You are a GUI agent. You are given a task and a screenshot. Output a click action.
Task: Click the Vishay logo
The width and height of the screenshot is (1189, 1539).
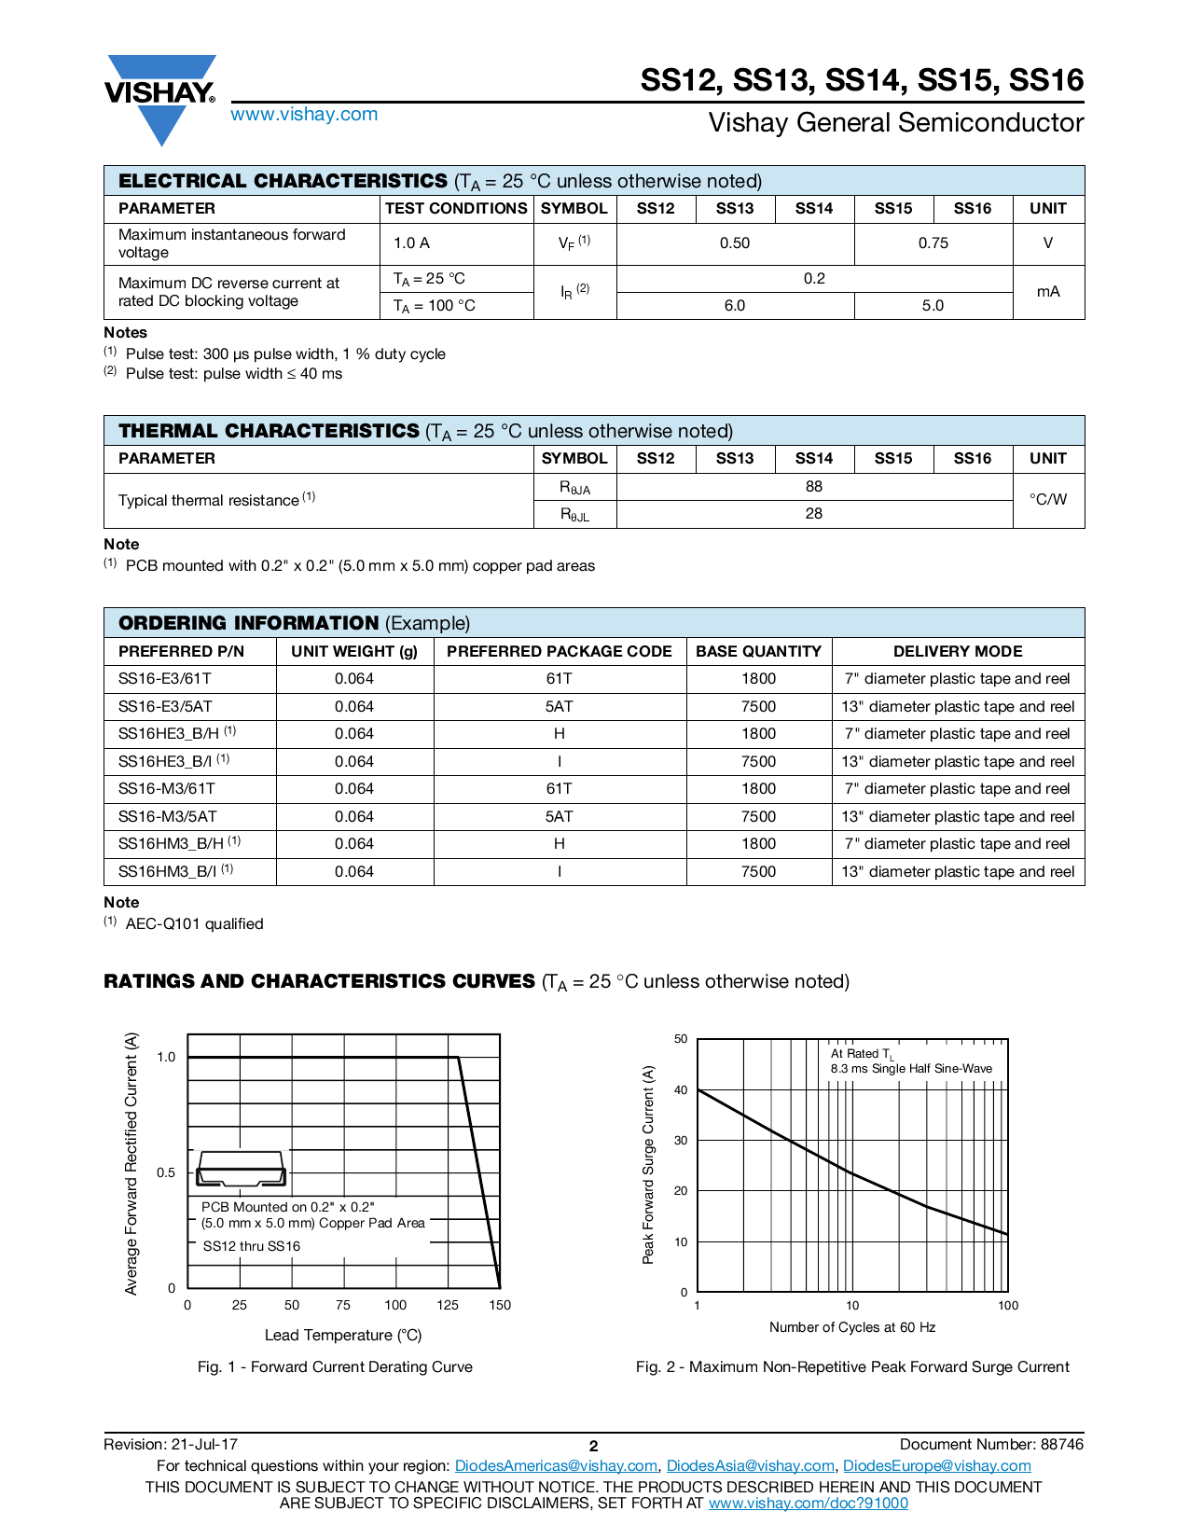tap(160, 97)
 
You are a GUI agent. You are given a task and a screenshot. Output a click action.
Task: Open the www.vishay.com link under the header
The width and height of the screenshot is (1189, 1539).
tap(304, 114)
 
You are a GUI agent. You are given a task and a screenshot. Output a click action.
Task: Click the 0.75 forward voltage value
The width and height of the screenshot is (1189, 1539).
tap(933, 243)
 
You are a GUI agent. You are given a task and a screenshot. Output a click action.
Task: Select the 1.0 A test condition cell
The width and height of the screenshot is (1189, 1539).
tap(411, 243)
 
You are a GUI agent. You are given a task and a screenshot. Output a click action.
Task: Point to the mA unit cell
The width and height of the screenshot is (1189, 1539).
tap(1048, 292)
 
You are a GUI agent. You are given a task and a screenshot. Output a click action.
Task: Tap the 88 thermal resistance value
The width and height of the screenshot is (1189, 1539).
tap(814, 487)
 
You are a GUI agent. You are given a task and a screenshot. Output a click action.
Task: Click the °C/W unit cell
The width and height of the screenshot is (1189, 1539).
tap(1048, 500)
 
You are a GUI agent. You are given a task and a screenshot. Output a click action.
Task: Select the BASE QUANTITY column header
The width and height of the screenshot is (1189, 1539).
tap(758, 652)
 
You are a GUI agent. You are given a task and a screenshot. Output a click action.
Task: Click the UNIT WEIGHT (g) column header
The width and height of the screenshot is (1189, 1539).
tap(354, 652)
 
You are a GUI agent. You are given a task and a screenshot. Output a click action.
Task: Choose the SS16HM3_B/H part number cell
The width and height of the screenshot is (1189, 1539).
tap(172, 844)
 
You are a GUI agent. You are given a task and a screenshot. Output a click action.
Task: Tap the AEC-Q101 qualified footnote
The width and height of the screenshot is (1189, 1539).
tap(194, 924)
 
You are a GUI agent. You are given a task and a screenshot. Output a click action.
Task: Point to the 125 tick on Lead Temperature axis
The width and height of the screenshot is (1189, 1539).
tap(448, 1305)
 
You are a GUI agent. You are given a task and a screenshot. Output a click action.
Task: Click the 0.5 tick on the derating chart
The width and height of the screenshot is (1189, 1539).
tap(166, 1172)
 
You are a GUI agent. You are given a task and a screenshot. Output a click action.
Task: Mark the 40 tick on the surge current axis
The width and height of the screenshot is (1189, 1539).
tap(681, 1090)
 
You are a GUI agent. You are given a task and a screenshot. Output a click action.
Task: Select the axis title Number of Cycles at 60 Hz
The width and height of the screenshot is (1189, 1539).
tap(852, 1327)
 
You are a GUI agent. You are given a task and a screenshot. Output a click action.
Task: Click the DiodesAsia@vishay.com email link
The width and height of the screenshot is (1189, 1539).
tap(750, 1466)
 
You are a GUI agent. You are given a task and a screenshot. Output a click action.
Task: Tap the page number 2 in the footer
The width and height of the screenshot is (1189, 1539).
tap(593, 1446)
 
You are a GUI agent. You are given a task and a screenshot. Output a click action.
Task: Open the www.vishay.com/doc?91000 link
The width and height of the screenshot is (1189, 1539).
tap(808, 1503)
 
